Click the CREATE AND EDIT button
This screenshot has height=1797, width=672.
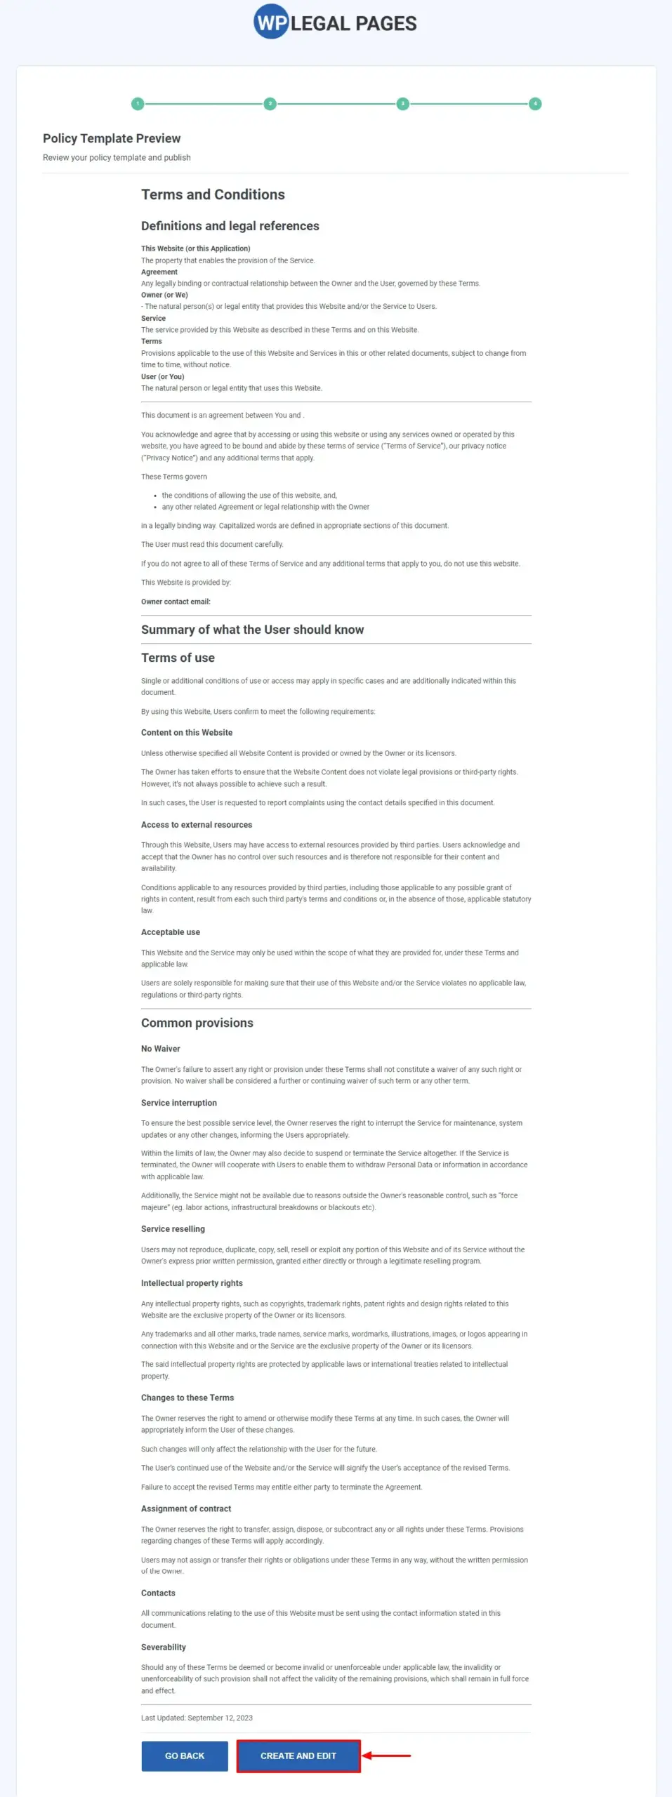pyautogui.click(x=298, y=1756)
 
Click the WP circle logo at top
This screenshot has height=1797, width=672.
pyautogui.click(x=270, y=22)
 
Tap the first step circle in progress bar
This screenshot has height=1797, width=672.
pyautogui.click(x=138, y=104)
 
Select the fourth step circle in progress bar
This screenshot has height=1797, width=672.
pyautogui.click(x=535, y=104)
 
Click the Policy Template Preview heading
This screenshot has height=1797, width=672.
pyautogui.click(x=112, y=138)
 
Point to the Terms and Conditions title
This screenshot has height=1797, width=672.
pyautogui.click(x=213, y=194)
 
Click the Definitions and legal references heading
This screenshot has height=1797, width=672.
pyautogui.click(x=230, y=226)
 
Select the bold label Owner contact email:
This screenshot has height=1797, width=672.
pyautogui.click(x=176, y=602)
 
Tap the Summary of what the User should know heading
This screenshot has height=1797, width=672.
pyautogui.click(x=252, y=630)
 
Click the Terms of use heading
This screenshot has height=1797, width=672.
pyautogui.click(x=178, y=658)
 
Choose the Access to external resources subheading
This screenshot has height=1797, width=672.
pyautogui.click(x=196, y=825)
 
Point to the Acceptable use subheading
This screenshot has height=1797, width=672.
pyautogui.click(x=170, y=932)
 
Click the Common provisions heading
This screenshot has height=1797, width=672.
pyautogui.click(x=197, y=1023)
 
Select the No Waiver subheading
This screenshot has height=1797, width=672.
pyautogui.click(x=160, y=1049)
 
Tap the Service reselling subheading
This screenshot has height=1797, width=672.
pyautogui.click(x=173, y=1229)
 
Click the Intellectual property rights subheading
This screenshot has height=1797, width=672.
pyautogui.click(x=192, y=1283)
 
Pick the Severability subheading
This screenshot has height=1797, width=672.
pyautogui.click(x=163, y=1647)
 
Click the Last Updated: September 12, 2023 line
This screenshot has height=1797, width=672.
pyautogui.click(x=197, y=1718)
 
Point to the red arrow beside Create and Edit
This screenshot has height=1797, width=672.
pyautogui.click(x=387, y=1756)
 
